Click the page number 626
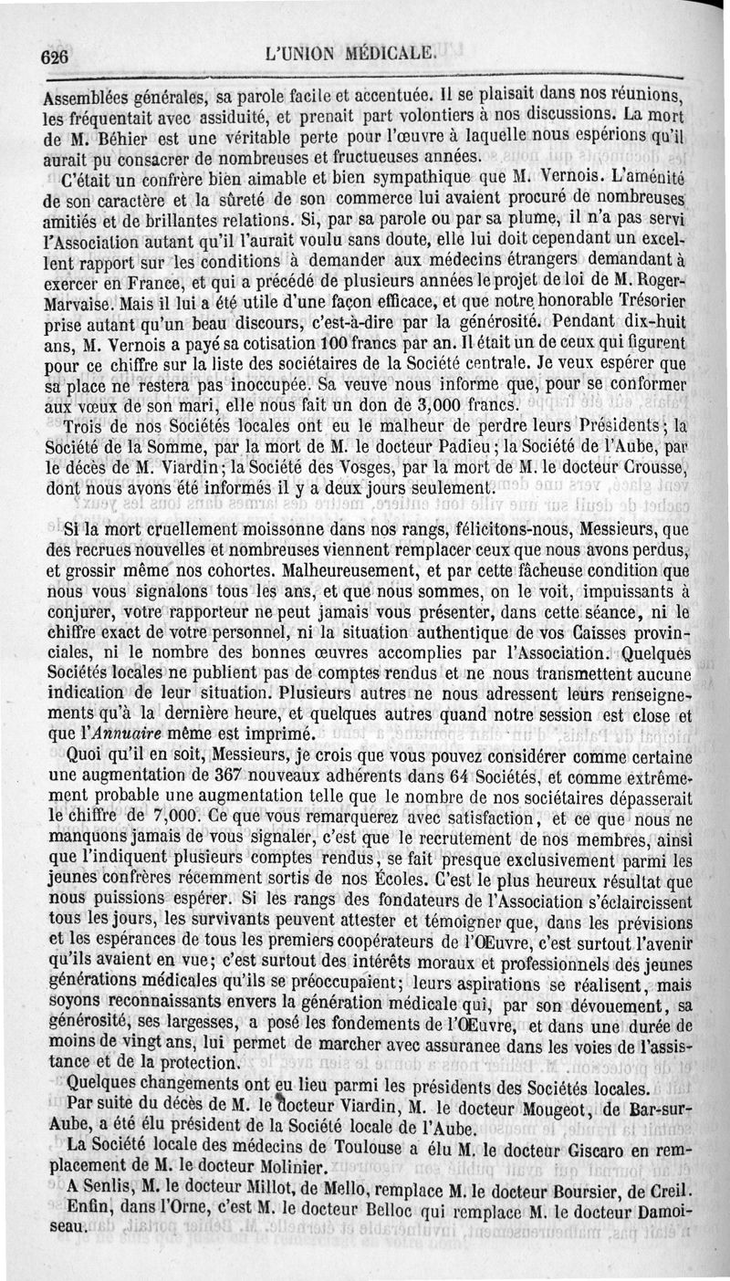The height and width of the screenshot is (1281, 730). (x=56, y=56)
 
